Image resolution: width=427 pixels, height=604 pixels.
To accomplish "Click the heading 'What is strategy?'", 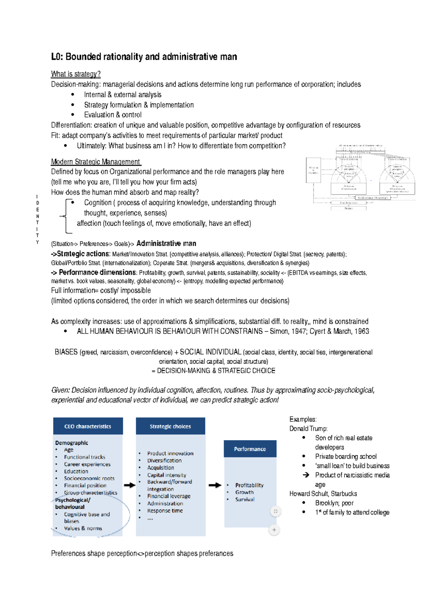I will coord(75,74).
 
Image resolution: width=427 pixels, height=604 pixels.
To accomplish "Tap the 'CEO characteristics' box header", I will coord(88,426).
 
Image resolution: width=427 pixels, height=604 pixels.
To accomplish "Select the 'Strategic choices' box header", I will coord(170,426).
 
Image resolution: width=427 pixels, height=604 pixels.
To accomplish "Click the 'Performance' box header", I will coord(250,449).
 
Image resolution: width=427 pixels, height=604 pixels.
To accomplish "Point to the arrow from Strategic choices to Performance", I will coord(215,485).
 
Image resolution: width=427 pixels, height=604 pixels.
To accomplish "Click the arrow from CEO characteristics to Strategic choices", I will coord(130,485).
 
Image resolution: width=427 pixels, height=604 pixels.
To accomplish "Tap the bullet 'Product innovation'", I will coord(170,453).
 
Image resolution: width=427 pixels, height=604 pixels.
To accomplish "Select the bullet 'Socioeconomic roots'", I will coord(89,478).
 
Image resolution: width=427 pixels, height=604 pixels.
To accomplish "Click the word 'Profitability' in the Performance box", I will coord(249,485).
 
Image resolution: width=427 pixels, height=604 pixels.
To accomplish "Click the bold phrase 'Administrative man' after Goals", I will coord(166,244).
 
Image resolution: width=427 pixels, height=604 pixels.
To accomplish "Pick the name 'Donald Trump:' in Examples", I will coord(308,429).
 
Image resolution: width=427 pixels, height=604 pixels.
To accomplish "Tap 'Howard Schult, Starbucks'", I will coord(323,494).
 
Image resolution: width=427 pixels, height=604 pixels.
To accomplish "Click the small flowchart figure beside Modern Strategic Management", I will coord(360,177).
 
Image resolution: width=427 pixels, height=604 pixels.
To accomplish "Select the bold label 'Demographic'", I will coord(72,443).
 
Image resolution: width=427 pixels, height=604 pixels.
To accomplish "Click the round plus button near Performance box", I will coord(274,530).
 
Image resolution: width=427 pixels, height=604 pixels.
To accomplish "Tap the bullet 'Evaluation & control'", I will coord(112,115).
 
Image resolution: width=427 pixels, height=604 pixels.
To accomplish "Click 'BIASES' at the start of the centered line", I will coord(66,352).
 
